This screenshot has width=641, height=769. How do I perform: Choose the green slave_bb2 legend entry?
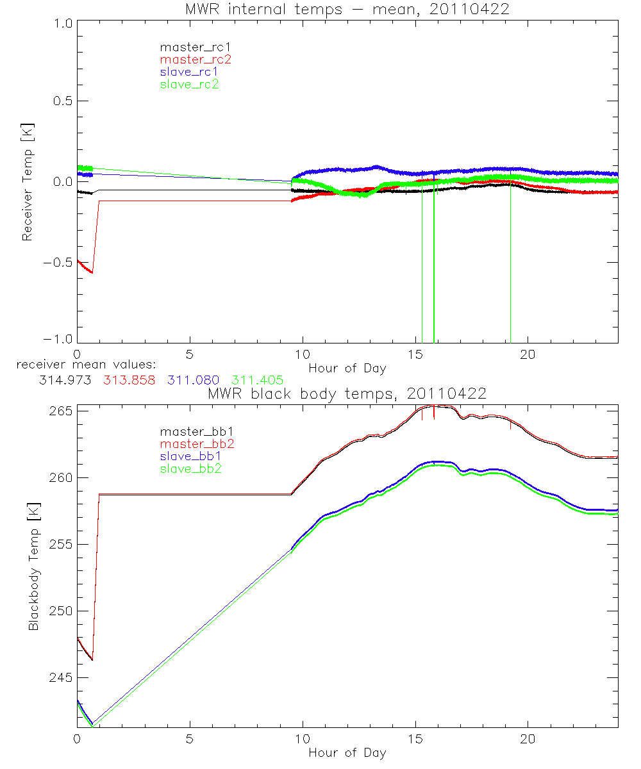[x=189, y=469]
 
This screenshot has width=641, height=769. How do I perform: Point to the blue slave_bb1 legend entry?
[x=189, y=457]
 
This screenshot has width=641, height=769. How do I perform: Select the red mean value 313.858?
[x=129, y=380]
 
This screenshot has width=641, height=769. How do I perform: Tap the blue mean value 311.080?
[x=193, y=380]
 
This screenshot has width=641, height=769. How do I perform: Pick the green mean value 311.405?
[x=257, y=380]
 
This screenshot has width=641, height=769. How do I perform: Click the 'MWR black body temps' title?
[x=347, y=393]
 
